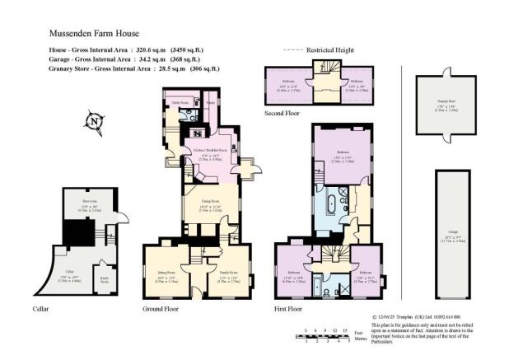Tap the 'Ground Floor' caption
[160, 310]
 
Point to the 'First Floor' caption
[287, 310]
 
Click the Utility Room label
[179, 103]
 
